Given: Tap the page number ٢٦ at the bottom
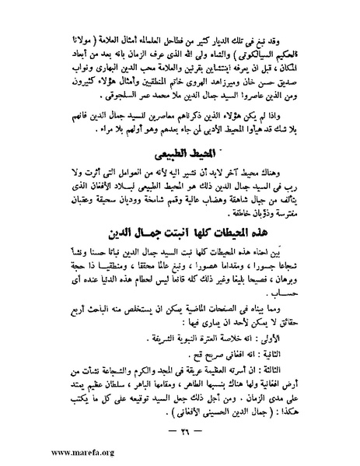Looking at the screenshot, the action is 180,432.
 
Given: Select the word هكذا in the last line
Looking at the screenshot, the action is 298,412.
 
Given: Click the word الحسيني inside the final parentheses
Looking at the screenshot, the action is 217,412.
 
